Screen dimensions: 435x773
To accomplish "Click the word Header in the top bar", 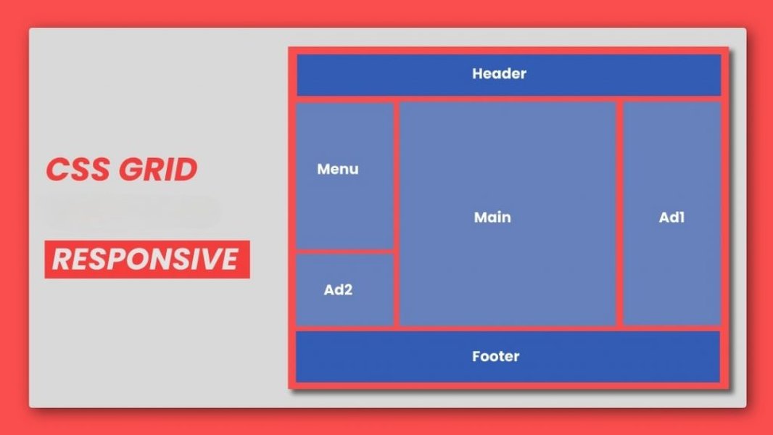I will (499, 74).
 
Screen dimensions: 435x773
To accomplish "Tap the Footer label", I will (495, 357).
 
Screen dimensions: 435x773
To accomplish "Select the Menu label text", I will (338, 170).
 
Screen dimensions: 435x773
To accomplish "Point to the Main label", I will (492, 217).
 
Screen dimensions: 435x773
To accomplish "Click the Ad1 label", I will (671, 217).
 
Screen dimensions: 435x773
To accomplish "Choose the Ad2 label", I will (338, 290).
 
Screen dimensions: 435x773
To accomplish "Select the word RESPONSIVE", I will (146, 260).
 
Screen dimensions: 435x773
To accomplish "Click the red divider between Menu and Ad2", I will (344, 251).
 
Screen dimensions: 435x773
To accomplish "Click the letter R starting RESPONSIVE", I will (61, 260).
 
